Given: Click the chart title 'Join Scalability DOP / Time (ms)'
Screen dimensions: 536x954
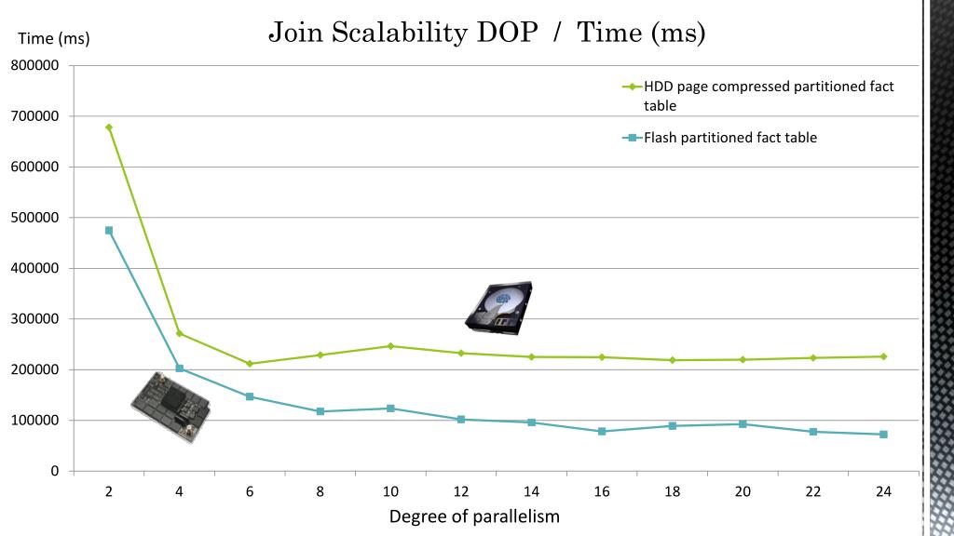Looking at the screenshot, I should pyautogui.click(x=486, y=33).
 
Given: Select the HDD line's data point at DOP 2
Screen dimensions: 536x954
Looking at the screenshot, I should pyautogui.click(x=109, y=127).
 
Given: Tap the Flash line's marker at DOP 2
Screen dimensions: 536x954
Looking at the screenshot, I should pyautogui.click(x=109, y=230).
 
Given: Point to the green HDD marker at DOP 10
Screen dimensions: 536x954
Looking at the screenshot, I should pyautogui.click(x=390, y=346).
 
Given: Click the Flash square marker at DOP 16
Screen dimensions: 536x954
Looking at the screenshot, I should pyautogui.click(x=602, y=432).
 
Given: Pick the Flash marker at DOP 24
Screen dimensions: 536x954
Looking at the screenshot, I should pyautogui.click(x=883, y=435).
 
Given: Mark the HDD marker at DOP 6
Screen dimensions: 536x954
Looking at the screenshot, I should pyautogui.click(x=250, y=364).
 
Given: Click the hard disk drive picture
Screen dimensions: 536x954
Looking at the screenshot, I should pyautogui.click(x=498, y=307).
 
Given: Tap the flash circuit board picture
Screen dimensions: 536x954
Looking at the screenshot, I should pyautogui.click(x=170, y=406).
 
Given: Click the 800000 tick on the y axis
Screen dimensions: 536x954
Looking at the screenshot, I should pyautogui.click(x=35, y=66).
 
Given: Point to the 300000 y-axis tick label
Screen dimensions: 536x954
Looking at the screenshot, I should pyautogui.click(x=35, y=319).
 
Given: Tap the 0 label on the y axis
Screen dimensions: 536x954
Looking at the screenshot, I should pyautogui.click(x=55, y=471).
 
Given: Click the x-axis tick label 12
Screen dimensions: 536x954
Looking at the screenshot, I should pyautogui.click(x=461, y=491).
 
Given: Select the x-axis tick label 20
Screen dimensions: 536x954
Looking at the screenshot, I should pyautogui.click(x=743, y=491).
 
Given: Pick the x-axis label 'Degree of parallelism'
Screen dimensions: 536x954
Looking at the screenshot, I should pyautogui.click(x=474, y=516).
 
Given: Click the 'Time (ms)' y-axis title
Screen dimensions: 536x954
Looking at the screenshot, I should pyautogui.click(x=54, y=38).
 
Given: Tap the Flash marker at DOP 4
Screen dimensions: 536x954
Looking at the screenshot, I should pyautogui.click(x=180, y=368).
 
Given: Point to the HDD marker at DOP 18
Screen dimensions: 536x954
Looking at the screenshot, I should pyautogui.click(x=673, y=360).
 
